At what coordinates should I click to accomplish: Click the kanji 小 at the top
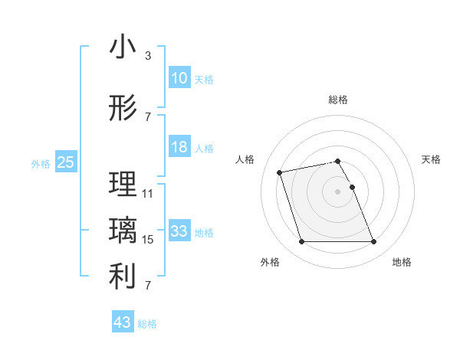point(123,47)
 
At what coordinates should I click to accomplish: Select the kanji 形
point(123,109)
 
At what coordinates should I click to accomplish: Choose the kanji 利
point(123,277)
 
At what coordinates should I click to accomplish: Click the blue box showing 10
point(179,78)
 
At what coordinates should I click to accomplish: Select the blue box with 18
point(179,147)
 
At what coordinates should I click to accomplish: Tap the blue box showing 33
point(179,231)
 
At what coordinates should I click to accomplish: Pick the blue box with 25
point(66,162)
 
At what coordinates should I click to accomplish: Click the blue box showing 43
point(123,322)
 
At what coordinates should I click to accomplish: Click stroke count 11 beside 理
point(148,194)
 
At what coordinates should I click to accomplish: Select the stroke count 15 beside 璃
point(148,240)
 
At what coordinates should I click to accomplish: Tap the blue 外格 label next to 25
point(41,163)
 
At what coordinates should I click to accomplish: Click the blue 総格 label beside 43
point(147,324)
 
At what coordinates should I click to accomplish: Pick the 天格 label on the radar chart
point(432,159)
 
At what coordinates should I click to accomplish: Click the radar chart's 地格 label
point(402,262)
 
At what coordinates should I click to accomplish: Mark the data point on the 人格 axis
point(280,172)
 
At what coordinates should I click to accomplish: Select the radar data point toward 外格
point(301,242)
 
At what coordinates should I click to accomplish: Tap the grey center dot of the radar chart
point(337,191)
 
